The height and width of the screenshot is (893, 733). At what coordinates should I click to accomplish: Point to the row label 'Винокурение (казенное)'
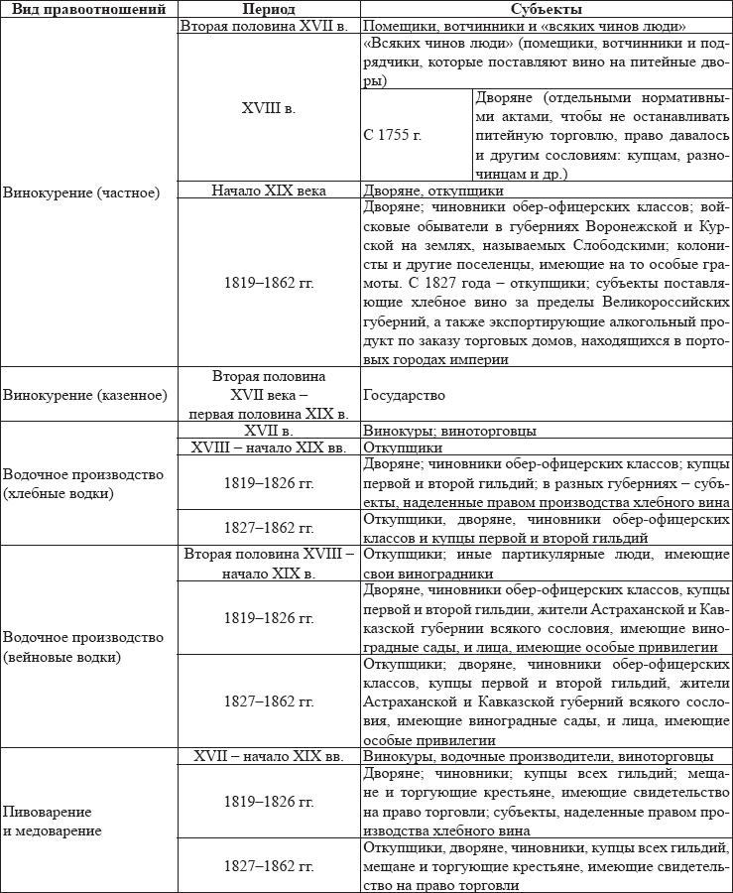(x=85, y=395)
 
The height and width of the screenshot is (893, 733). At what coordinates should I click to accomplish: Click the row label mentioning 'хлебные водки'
(x=83, y=483)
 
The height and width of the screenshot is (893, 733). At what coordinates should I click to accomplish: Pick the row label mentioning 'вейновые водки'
(x=83, y=646)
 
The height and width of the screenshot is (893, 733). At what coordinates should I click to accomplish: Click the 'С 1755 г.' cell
(x=394, y=135)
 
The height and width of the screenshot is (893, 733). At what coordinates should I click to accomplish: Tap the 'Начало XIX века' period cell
(x=268, y=191)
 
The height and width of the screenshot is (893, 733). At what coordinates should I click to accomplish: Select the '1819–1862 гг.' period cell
(x=268, y=283)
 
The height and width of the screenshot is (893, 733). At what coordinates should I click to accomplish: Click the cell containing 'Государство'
(x=404, y=395)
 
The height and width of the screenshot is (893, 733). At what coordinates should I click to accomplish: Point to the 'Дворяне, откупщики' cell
(x=432, y=191)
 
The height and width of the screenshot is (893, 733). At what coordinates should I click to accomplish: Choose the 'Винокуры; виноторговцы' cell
(x=449, y=431)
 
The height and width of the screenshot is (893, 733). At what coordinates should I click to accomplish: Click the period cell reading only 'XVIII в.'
(x=268, y=104)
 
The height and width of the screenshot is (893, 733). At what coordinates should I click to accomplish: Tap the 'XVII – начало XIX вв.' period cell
(x=268, y=757)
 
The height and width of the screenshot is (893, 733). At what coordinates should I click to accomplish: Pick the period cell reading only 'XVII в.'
(x=268, y=431)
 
